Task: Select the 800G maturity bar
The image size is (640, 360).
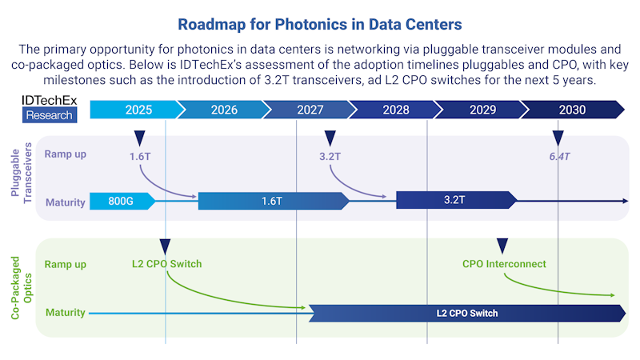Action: (x=120, y=202)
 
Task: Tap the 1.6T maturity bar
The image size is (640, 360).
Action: (x=272, y=202)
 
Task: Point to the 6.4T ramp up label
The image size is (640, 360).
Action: (x=559, y=156)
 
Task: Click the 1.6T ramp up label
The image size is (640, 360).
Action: (x=140, y=156)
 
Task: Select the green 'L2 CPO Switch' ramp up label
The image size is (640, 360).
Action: (x=166, y=264)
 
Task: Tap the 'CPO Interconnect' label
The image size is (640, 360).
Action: (x=504, y=264)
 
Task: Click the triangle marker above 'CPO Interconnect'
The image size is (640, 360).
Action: (x=502, y=246)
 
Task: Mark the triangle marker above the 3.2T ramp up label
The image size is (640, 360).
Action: (x=330, y=138)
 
